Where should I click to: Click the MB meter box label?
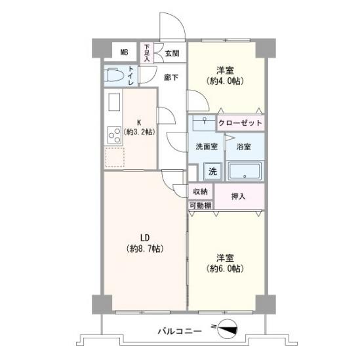click(124, 52)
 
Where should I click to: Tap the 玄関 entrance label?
click(172, 54)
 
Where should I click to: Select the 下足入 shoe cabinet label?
click(147, 53)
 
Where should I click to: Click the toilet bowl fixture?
click(114, 75)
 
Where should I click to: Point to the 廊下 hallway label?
click(171, 77)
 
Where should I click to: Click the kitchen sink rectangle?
click(114, 102)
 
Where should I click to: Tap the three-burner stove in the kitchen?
click(114, 135)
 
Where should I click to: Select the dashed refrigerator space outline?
click(115, 157)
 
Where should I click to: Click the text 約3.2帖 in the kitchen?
click(139, 132)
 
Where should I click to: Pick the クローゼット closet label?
click(240, 123)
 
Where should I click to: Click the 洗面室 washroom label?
click(207, 146)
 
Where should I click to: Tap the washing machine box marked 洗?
click(212, 171)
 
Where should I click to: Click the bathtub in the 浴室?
click(245, 171)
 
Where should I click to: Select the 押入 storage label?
click(239, 196)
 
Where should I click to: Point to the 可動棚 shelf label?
click(201, 206)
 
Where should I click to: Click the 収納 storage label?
click(200, 191)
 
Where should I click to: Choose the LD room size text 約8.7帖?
click(145, 249)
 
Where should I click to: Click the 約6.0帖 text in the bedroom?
click(225, 268)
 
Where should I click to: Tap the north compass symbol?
click(227, 329)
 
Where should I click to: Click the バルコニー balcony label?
click(180, 331)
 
